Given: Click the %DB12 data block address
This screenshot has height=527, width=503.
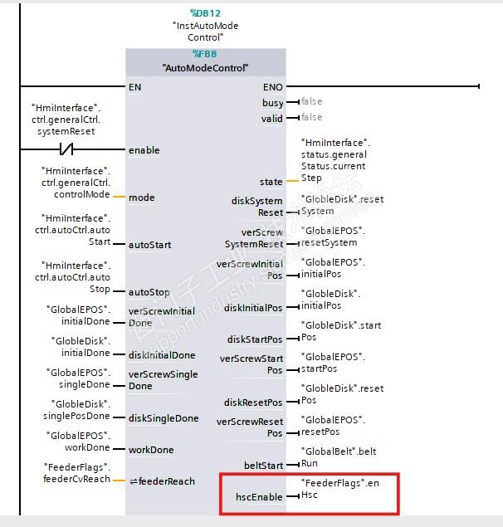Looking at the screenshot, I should point(205,13).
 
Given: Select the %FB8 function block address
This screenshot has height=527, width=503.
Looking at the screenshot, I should point(205,54).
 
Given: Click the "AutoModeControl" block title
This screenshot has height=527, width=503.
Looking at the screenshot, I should point(205,68).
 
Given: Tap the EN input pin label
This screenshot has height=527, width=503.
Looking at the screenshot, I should point(134,86).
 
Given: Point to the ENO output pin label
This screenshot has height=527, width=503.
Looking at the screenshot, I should point(272,86).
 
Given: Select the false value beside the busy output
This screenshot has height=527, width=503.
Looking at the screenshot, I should point(311,102).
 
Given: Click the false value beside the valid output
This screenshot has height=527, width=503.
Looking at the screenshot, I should point(311,118).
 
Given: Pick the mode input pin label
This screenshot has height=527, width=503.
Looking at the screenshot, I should point(141,198).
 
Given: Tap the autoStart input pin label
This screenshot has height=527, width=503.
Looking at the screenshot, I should point(150,245).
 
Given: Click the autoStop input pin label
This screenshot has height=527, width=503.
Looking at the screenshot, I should point(149,292).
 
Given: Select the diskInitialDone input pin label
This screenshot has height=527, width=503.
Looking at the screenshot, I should point(162,355).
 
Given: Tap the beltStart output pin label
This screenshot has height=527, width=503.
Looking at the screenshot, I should point(262,465).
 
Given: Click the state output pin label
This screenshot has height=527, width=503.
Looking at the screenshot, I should point(271,181).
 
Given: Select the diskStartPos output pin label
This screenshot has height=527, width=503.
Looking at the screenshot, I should point(255,339).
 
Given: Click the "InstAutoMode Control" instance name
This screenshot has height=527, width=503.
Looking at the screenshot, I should point(205,32).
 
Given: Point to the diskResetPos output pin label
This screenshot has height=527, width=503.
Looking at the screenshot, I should point(253,403).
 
